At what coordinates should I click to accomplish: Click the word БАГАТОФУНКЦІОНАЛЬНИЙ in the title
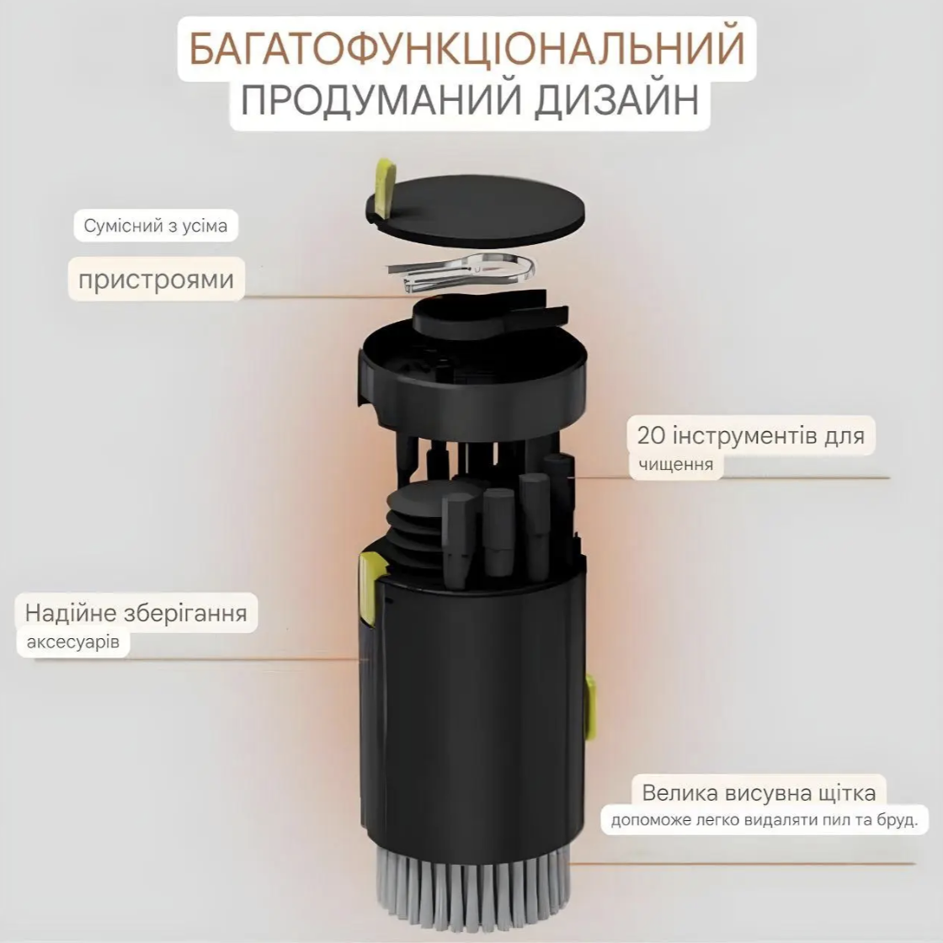(466, 48)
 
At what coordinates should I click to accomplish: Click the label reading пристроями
(156, 278)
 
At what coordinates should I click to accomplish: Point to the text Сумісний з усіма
(156, 226)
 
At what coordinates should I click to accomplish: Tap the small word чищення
(675, 464)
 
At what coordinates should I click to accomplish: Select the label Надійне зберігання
(136, 612)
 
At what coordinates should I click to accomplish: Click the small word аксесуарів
(73, 643)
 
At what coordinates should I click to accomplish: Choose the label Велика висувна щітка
(759, 792)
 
